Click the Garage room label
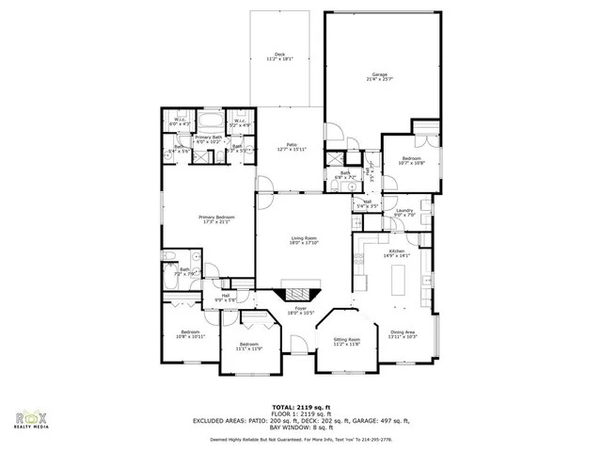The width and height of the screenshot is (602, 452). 379,76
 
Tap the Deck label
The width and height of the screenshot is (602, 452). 279,56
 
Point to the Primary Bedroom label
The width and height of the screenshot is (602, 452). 216,219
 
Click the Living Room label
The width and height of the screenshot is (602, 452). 303,240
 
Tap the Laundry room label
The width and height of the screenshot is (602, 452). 405,213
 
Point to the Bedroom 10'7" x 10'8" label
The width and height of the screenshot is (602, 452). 413,161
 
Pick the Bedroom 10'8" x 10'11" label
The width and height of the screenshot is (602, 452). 190,334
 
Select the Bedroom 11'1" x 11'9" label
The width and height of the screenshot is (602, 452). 249,347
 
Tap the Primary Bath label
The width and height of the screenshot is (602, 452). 211,139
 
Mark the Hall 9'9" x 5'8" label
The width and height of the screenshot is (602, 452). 226,298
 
